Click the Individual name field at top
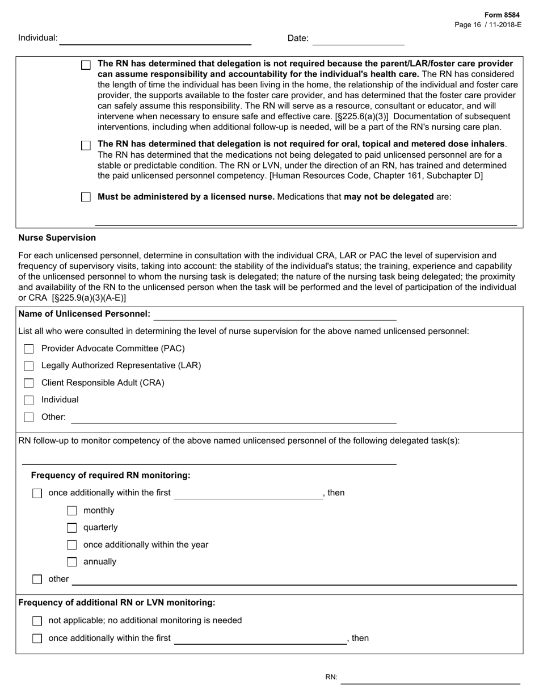[x=155, y=39]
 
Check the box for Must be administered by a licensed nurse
[x=86, y=197]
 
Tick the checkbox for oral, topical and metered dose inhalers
[x=86, y=146]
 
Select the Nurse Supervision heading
[x=57, y=238]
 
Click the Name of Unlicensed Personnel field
[x=275, y=314]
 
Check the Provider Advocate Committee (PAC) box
[x=29, y=349]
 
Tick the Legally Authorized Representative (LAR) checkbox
[x=29, y=366]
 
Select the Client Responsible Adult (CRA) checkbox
[x=29, y=383]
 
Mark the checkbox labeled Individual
[x=29, y=400]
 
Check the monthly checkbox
[x=72, y=511]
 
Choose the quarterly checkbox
[x=72, y=528]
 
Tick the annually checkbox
[x=72, y=562]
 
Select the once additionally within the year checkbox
[x=72, y=545]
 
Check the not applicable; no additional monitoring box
[x=37, y=621]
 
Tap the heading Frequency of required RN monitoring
[x=111, y=475]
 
